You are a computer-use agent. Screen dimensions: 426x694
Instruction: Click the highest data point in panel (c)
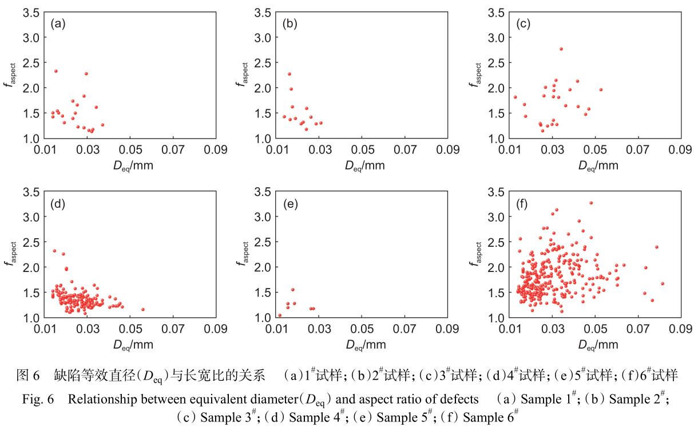point(561,49)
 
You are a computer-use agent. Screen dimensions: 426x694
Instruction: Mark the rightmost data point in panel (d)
point(142,310)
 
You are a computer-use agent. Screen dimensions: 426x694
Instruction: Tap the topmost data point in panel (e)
point(293,290)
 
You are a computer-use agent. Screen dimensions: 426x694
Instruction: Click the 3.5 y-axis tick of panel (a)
point(35,12)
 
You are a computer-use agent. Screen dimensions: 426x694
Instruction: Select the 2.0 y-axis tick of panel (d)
point(35,267)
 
